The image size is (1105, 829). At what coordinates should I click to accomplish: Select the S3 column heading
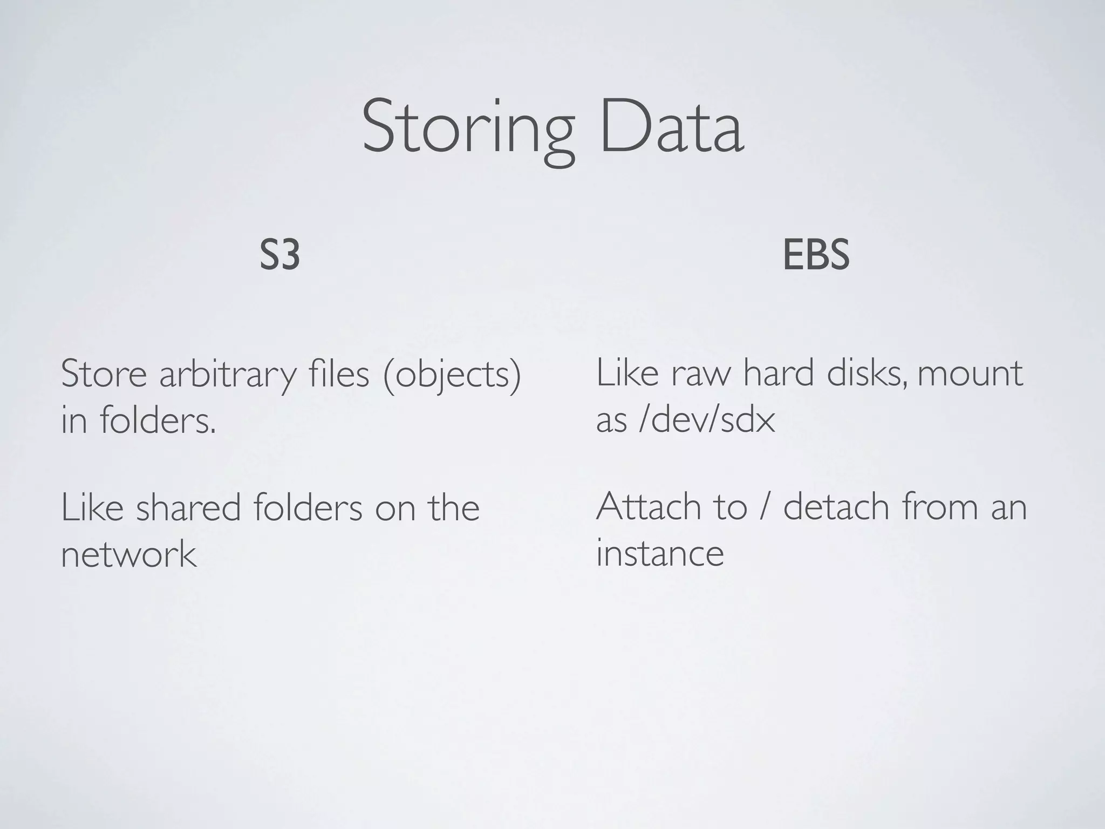click(279, 255)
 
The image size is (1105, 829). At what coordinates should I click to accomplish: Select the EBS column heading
click(816, 255)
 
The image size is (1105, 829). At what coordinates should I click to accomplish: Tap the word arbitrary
click(227, 375)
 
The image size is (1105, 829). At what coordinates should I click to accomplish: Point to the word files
click(339, 373)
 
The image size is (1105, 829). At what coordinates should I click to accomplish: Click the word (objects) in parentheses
click(452, 375)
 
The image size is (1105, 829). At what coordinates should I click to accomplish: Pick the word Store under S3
click(104, 373)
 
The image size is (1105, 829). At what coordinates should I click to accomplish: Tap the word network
click(128, 554)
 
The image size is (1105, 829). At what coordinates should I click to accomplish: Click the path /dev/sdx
click(707, 420)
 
